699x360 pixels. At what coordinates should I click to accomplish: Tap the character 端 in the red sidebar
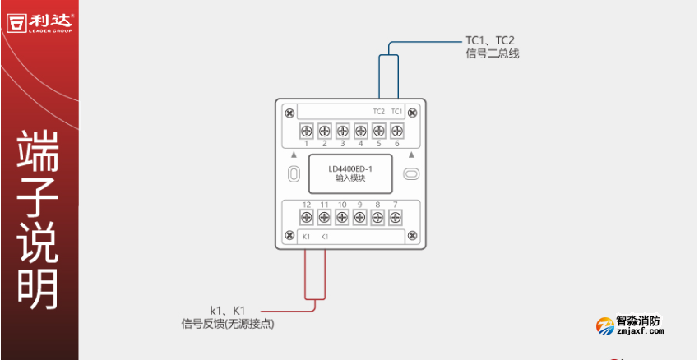tap(39, 150)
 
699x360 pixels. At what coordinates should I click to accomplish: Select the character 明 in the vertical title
tap(39, 286)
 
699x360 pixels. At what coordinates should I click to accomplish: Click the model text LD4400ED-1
tap(350, 169)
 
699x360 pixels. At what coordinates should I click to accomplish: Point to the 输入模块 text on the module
tap(350, 178)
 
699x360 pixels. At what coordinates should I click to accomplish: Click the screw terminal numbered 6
tap(396, 130)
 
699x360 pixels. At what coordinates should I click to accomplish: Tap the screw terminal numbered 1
tap(305, 130)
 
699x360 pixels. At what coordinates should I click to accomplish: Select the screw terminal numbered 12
tap(305, 217)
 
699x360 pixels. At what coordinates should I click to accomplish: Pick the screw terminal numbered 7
tap(396, 217)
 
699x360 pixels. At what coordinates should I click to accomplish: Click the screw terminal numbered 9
tap(360, 217)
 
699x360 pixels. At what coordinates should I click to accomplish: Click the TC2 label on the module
tap(378, 111)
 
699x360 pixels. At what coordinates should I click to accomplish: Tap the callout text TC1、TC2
tap(490, 39)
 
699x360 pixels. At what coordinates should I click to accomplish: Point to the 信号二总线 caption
tap(492, 54)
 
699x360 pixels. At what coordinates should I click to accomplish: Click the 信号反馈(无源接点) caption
tap(228, 325)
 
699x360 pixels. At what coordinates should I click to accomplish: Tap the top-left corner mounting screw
tap(289, 112)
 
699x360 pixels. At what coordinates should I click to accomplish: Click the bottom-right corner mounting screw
tap(413, 237)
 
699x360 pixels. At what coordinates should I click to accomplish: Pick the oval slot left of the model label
tap(294, 174)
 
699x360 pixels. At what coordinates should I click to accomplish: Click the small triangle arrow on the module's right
tap(410, 154)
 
